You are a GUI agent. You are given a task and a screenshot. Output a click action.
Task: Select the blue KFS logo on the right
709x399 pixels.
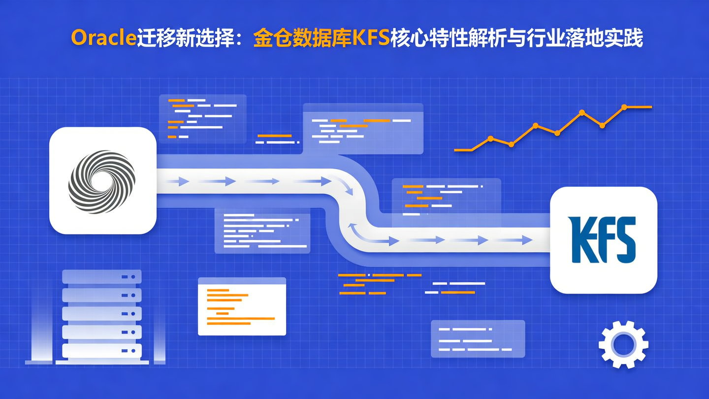pos(603,239)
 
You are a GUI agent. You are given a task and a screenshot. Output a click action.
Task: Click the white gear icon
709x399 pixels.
pos(623,344)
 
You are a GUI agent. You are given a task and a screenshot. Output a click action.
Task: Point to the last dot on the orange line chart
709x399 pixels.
pos(624,107)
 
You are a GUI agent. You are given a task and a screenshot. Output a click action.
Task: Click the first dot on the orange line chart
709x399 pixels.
pos(490,138)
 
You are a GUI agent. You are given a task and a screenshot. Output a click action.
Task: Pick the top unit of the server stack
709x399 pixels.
pos(102,276)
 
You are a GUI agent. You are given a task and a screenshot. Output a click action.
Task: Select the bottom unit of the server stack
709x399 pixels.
pos(102,350)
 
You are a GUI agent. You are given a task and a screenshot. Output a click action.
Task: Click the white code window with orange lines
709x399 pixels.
pos(242,309)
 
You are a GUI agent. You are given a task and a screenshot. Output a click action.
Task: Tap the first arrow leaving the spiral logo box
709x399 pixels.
pos(179,182)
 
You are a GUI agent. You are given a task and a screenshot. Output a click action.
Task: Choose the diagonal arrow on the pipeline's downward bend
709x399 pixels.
pos(349,188)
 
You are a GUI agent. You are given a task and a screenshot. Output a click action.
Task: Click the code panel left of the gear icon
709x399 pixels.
pos(478,338)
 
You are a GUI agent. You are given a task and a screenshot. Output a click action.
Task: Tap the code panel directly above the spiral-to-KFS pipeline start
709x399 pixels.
pos(202,119)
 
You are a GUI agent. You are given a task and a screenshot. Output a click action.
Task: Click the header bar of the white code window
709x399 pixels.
pos(242,281)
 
